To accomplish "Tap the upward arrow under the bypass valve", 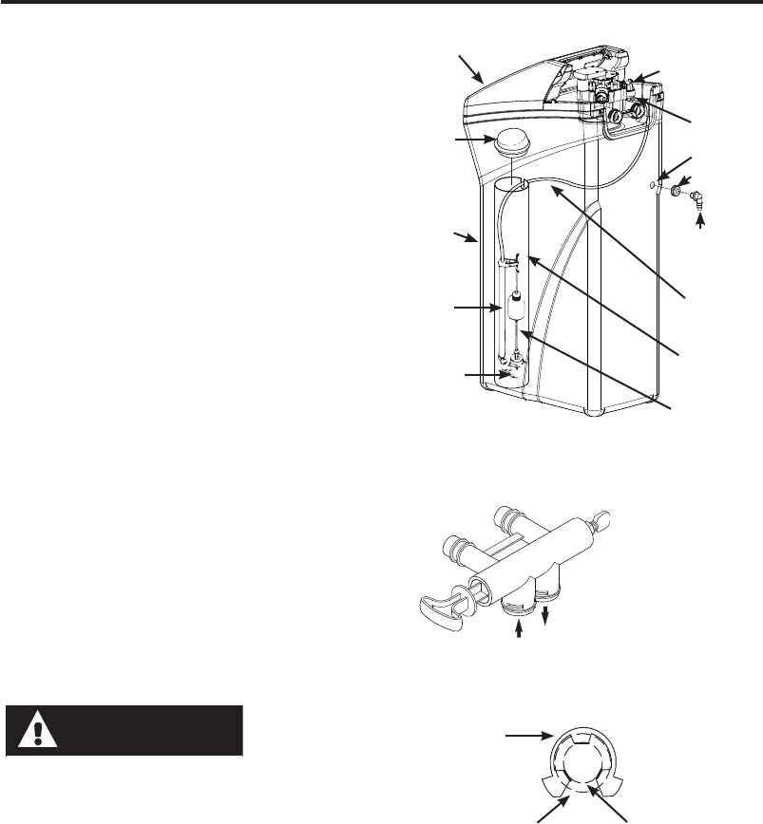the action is [x=520, y=631].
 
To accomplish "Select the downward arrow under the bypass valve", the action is [x=545, y=618].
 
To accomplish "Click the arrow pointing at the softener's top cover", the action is [x=470, y=67].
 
